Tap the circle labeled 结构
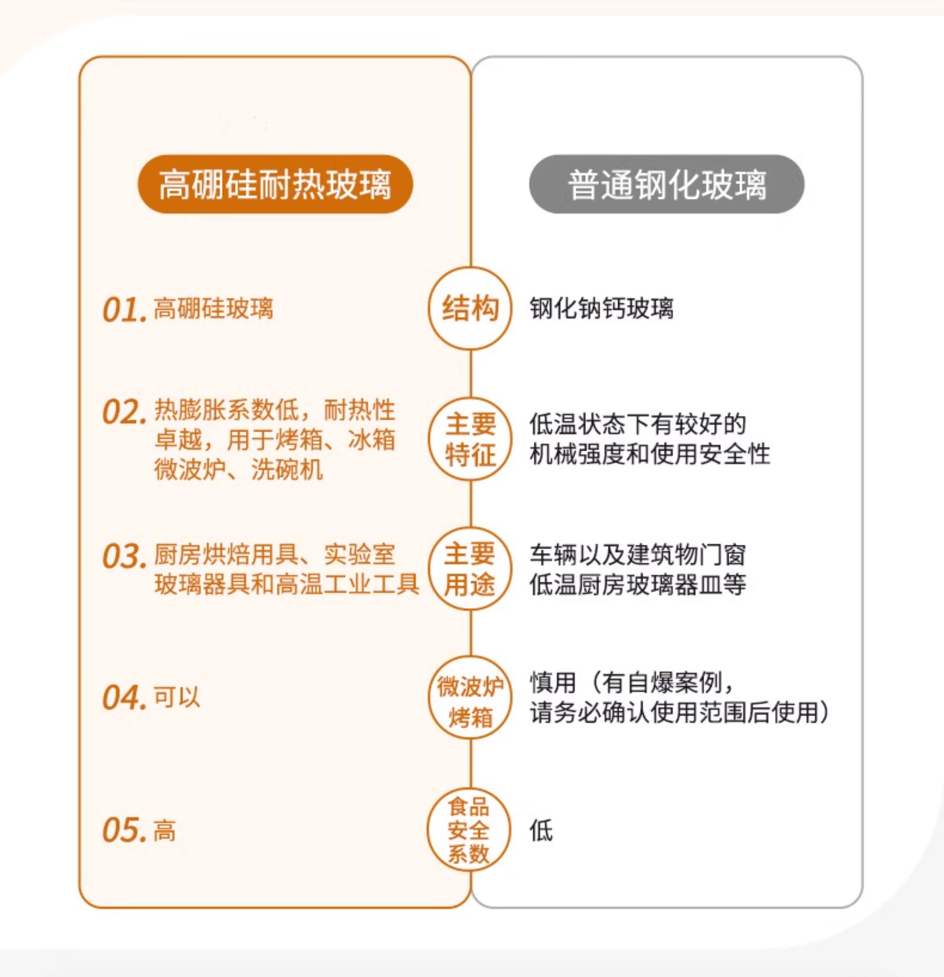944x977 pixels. click(x=470, y=308)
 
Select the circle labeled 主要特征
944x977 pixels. click(x=470, y=439)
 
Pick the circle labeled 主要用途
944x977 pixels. click(x=470, y=569)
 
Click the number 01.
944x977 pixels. click(x=124, y=310)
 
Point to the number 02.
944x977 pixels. click(x=124, y=413)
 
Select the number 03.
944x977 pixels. click(x=124, y=556)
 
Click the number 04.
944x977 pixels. click(x=124, y=697)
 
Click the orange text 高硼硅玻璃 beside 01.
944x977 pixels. click(x=214, y=308)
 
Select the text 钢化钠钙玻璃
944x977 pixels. click(x=601, y=308)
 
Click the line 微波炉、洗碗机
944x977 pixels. click(x=238, y=469)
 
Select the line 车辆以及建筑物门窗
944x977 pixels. click(x=637, y=554)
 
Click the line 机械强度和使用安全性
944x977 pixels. click(x=649, y=453)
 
